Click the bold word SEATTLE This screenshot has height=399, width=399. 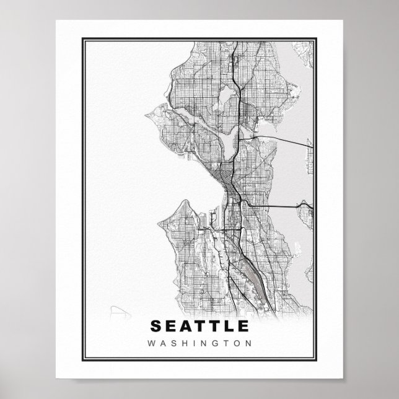pos(199,326)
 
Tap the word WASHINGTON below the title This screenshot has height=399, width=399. pos(199,341)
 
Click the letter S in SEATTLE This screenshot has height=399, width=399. pos(156,326)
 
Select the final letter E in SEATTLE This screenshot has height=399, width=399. pos(242,326)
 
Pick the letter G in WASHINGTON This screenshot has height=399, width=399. pos(214,341)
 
